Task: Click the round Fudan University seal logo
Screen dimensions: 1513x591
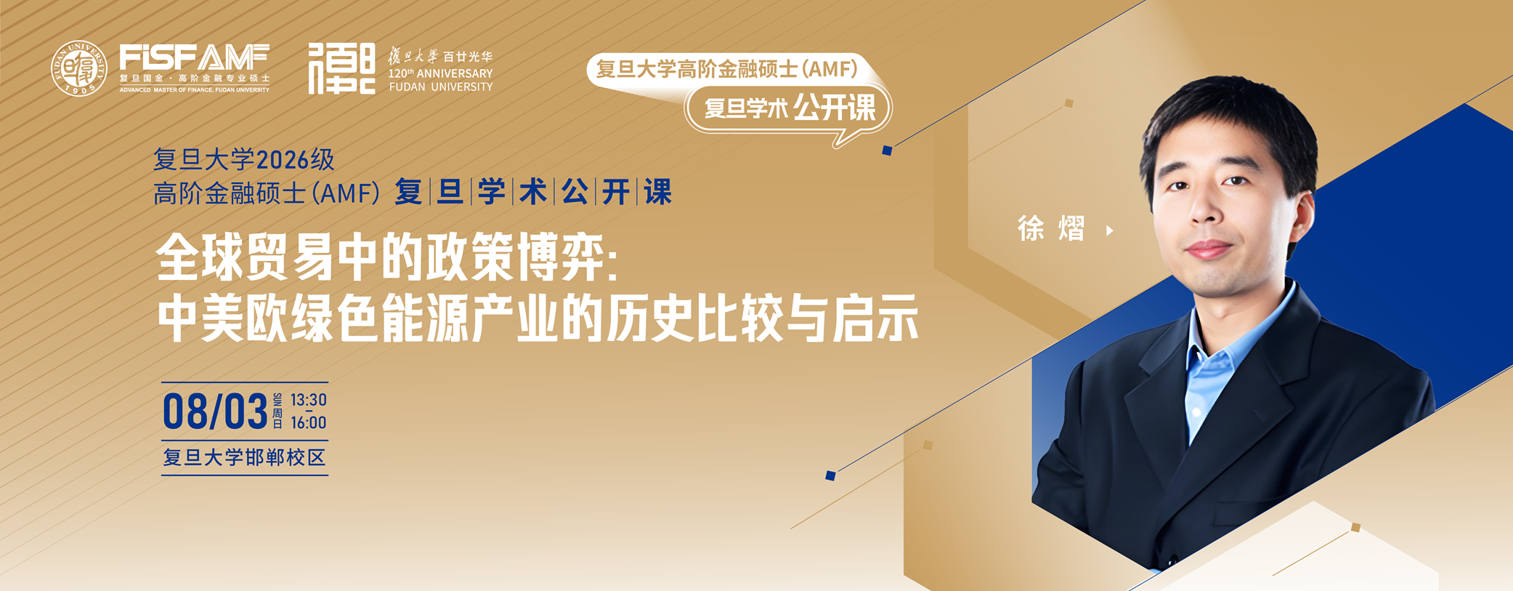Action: [78, 68]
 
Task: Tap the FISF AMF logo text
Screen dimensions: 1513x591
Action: [195, 57]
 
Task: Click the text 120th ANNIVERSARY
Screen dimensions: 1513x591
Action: [440, 73]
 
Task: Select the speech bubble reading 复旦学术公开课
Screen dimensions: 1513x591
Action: [789, 109]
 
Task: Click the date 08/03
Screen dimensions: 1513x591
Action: [215, 411]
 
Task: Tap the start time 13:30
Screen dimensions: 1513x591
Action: [309, 400]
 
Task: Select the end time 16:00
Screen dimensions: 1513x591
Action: [309, 423]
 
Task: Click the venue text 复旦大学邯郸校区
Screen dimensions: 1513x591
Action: [244, 457]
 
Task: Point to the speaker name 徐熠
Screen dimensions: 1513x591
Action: [1051, 230]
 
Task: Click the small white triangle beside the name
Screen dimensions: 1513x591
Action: [1110, 230]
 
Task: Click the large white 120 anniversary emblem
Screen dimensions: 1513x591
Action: [341, 68]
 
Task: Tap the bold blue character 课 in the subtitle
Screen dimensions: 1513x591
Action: [658, 192]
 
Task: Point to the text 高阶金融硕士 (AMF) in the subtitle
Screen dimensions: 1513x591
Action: [267, 193]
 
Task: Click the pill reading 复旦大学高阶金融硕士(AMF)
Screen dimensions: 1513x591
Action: [727, 69]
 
